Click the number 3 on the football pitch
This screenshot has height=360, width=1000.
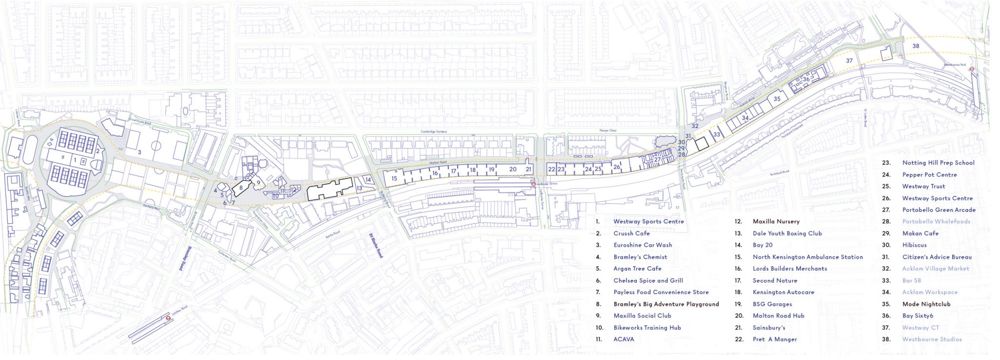[140, 152]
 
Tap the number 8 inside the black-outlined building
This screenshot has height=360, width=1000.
[241, 188]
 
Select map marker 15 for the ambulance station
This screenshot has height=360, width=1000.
[394, 179]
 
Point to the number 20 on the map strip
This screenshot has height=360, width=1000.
[513, 169]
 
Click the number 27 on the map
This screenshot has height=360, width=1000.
[657, 160]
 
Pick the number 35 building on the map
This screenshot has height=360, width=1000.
[777, 99]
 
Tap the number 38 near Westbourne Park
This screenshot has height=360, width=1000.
[916, 46]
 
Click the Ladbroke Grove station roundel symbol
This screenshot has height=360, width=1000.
[533, 184]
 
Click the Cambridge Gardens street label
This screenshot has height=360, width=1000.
[434, 132]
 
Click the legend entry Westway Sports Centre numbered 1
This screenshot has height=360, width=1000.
[648, 222]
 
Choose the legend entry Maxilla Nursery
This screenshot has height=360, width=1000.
[776, 222]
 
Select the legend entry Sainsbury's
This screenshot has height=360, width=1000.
[769, 328]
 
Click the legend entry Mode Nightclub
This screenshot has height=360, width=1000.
[926, 304]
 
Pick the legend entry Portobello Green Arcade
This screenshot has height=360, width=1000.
[938, 210]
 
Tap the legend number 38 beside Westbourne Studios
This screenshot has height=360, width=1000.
[886, 339]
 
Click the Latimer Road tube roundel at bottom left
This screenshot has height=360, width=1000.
[168, 318]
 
